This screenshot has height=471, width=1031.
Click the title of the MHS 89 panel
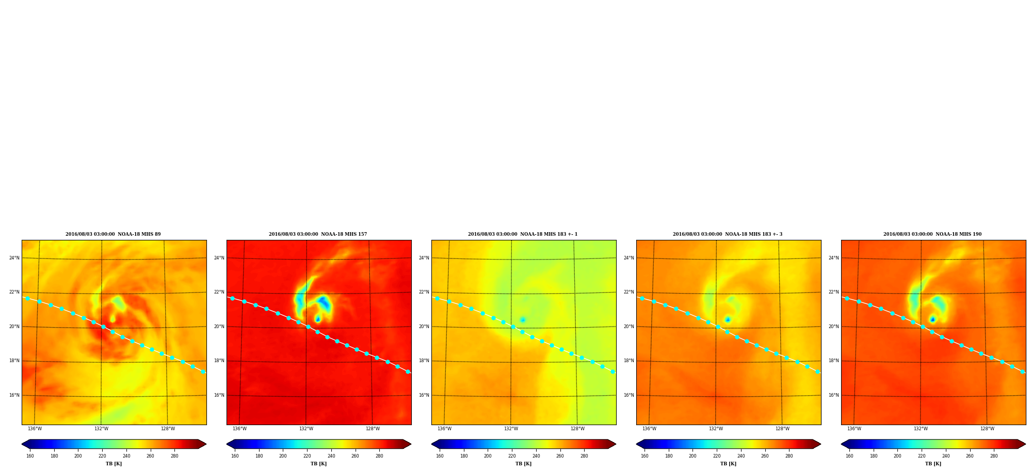(113, 234)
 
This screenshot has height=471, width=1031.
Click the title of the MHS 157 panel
(318, 234)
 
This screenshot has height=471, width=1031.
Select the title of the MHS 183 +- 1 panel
(523, 234)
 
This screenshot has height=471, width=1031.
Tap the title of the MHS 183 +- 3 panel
(728, 234)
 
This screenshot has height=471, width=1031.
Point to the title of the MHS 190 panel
(932, 234)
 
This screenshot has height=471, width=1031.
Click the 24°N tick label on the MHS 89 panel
(14, 258)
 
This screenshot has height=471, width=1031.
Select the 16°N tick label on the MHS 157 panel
(219, 395)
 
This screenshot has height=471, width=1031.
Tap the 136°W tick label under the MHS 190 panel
(854, 429)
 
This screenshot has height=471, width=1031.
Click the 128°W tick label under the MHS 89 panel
(168, 429)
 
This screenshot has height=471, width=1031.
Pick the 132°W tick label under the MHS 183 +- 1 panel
(511, 429)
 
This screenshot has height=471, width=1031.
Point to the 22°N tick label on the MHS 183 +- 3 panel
(629, 292)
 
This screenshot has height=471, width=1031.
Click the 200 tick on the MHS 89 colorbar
(78, 456)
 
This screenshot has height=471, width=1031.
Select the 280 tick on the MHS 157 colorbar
(379, 456)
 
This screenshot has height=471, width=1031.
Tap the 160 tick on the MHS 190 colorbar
(849, 456)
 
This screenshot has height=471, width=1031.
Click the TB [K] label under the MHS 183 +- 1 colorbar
(523, 464)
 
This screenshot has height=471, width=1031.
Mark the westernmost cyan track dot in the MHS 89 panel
(27, 298)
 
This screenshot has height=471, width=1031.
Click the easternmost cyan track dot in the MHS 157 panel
(408, 371)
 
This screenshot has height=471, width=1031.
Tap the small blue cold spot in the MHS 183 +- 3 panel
(728, 320)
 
